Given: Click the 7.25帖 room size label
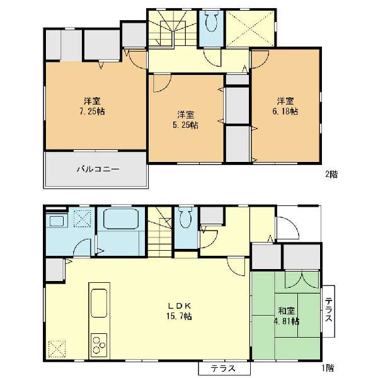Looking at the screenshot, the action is pos(92,112).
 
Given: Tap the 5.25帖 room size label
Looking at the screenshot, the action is pos(186,125).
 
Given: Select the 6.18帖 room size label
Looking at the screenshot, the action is pos(285,112).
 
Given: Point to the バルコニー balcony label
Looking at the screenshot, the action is pos(98,169).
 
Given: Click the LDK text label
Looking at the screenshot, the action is pos(180,306).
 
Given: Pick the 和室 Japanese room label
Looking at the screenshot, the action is pos(287,311).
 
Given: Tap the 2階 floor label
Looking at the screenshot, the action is pos(331,175).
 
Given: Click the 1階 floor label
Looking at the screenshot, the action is pos(328,368).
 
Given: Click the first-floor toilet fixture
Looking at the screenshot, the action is pos(185,218).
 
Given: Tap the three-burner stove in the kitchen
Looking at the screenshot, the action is pos(99,345).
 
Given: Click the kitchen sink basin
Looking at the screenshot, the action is pos(99,303).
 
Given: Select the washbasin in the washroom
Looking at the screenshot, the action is pos(57,221).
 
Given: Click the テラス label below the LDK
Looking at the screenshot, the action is pos(223,369).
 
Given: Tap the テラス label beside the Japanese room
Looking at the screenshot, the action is pos(328,309).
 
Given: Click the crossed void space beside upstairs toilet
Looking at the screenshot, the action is pos(250,28).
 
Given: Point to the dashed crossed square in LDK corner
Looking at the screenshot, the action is pos(57,349).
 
